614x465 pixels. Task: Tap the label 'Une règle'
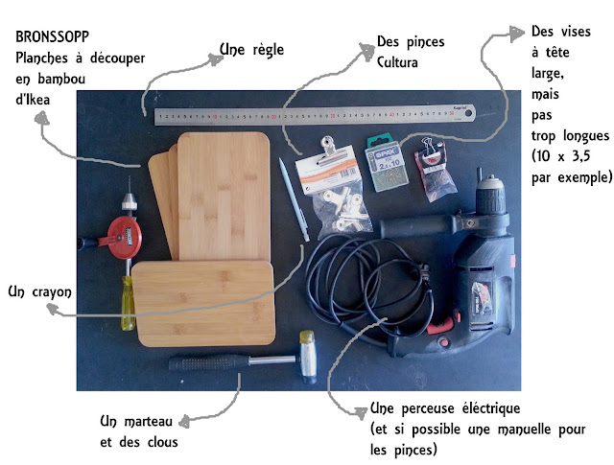click(251, 48)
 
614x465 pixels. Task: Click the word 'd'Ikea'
click(35, 97)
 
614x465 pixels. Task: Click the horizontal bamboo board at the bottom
click(202, 303)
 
